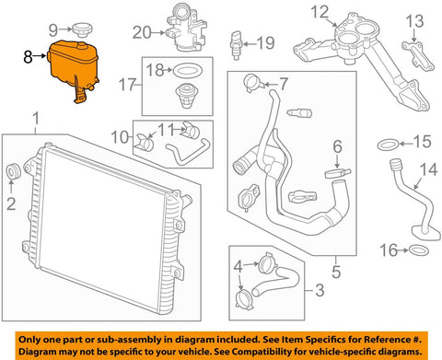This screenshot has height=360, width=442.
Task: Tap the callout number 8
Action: [28, 56]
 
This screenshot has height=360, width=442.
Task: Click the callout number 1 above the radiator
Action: [37, 118]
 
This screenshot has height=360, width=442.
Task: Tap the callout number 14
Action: [426, 169]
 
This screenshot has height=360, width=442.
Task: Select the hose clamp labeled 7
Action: [255, 86]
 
